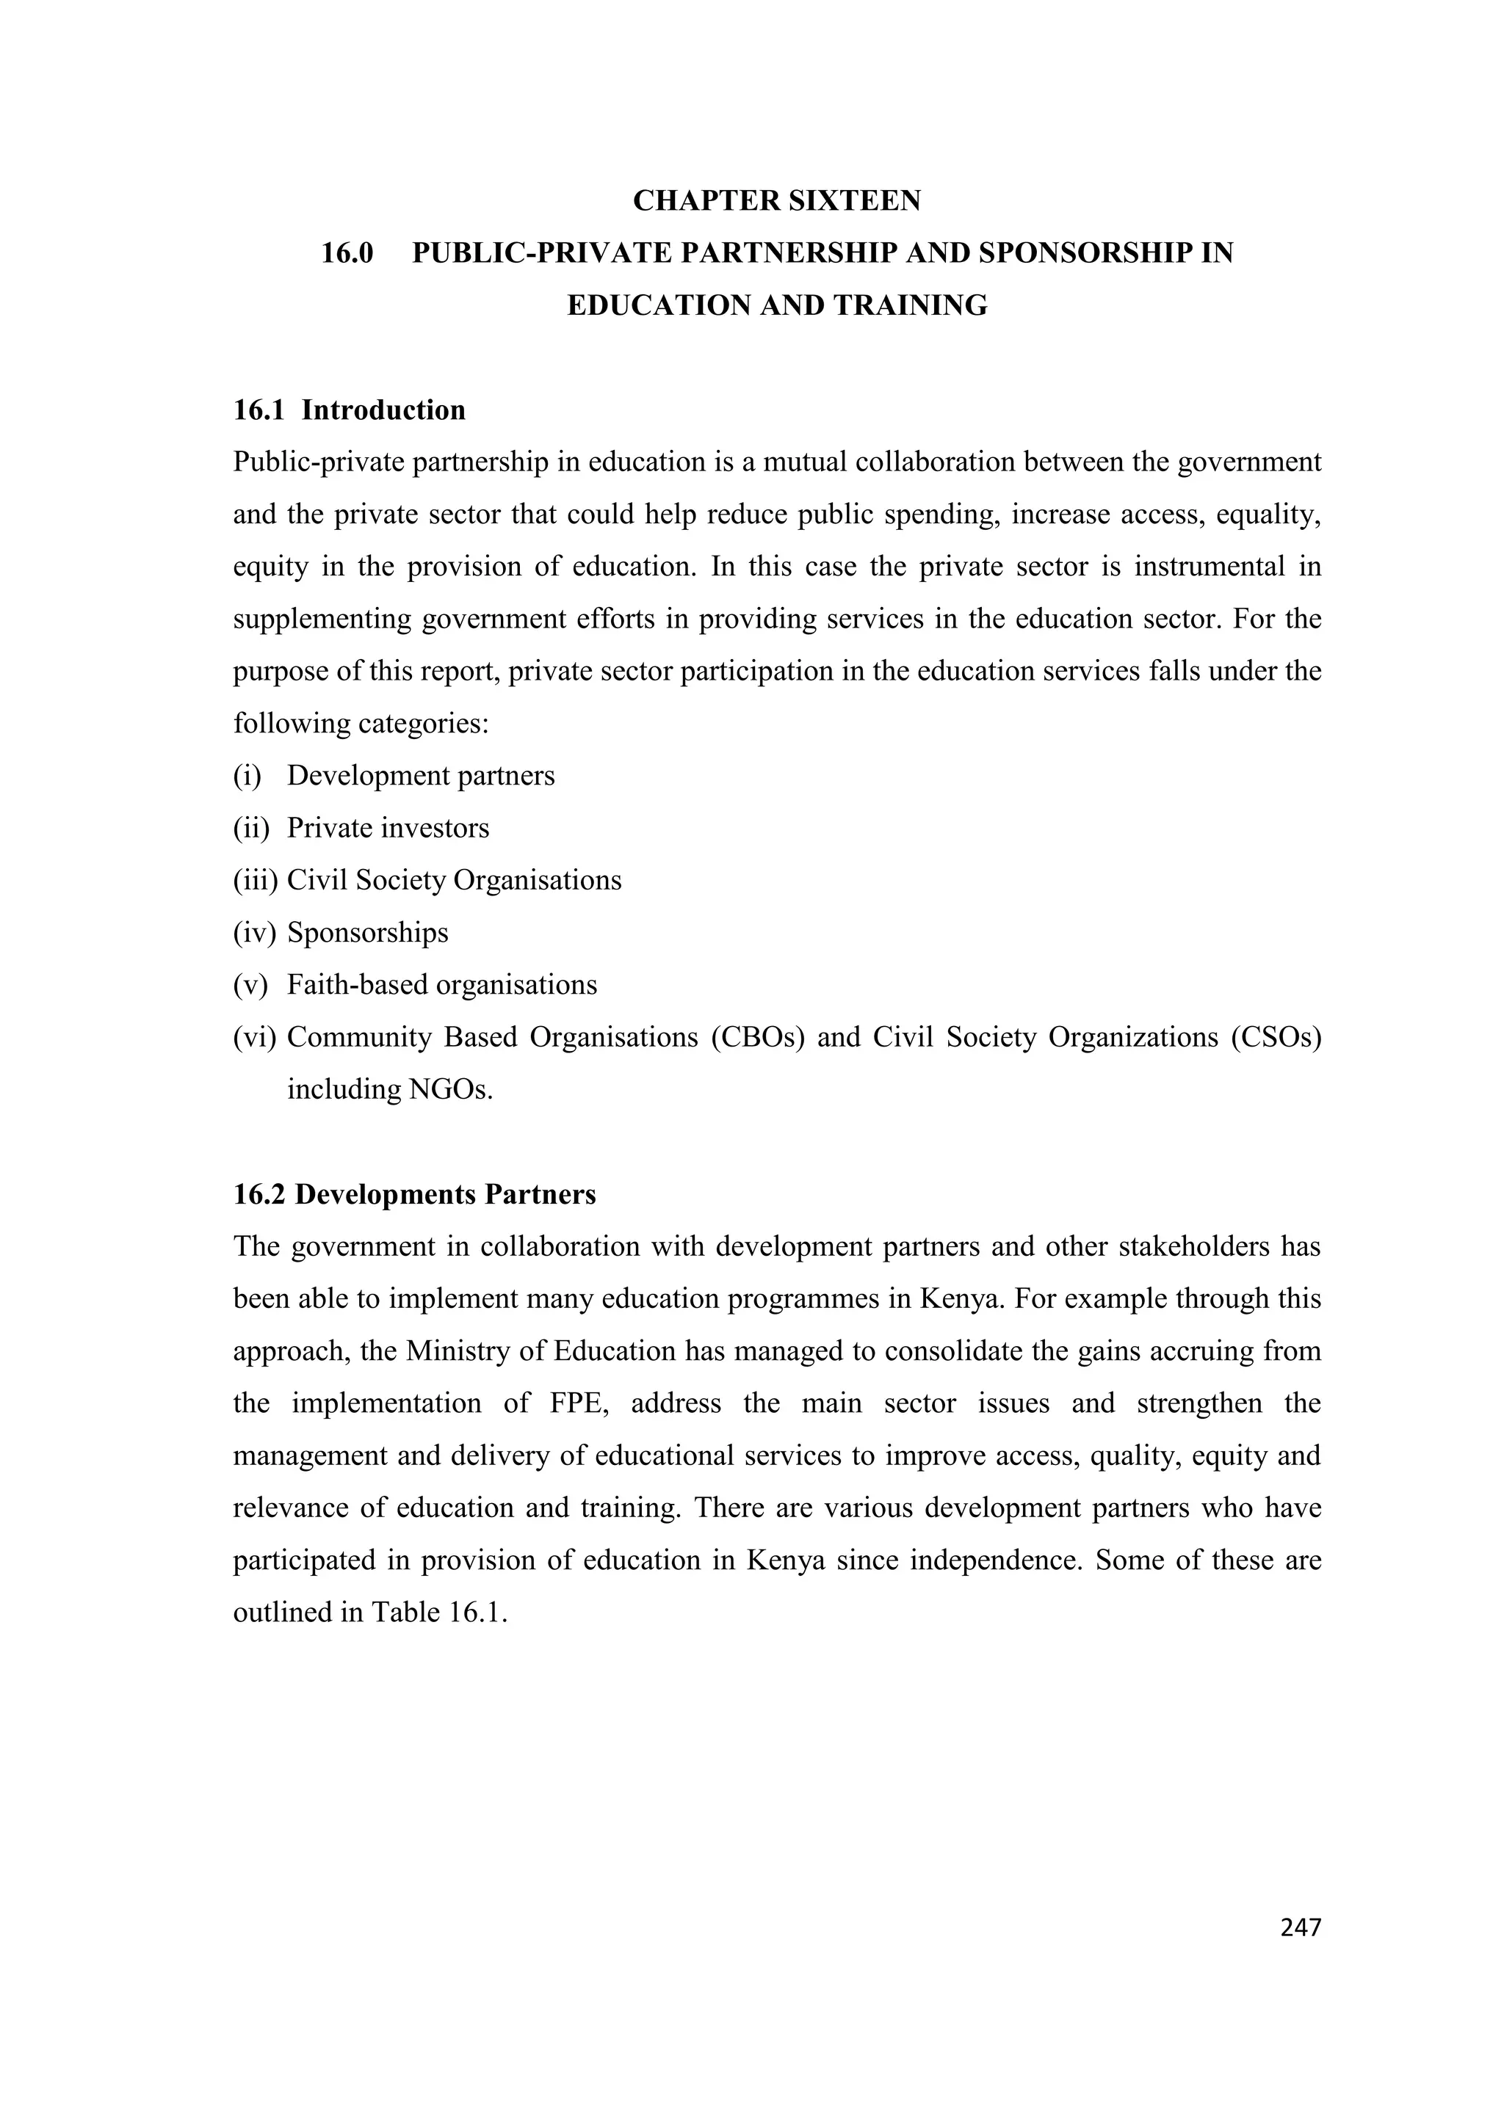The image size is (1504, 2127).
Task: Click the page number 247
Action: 1299,1928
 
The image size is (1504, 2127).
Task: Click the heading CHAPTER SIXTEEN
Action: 776,200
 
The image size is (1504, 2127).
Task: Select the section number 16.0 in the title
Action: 347,253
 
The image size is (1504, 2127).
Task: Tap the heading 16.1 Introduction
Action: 350,410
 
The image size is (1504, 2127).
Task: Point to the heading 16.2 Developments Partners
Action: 414,1194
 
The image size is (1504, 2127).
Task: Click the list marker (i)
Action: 247,775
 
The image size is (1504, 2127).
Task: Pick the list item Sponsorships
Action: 367,932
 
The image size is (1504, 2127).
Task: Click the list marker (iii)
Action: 255,880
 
